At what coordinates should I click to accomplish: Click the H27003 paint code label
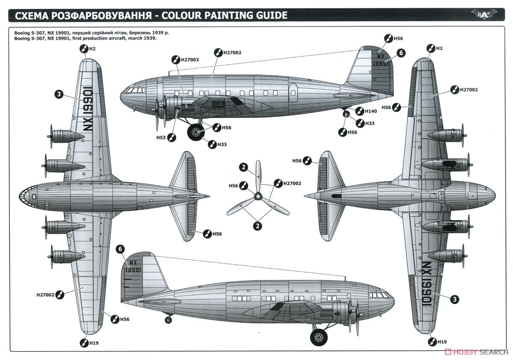point(189,60)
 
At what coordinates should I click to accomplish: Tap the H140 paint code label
point(371,111)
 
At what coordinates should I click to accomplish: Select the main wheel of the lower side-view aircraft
point(318,337)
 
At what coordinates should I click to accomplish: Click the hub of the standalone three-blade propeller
point(258,196)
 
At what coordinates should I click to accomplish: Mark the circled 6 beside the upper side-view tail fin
point(401,53)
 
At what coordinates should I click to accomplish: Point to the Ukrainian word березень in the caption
point(138,32)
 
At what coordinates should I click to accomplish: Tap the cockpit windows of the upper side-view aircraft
point(134,90)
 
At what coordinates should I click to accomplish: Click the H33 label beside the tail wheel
point(370,123)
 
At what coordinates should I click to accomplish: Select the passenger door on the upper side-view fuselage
point(293,91)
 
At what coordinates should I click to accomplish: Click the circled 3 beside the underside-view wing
point(455,299)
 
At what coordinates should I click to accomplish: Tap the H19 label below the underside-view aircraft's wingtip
point(442,342)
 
